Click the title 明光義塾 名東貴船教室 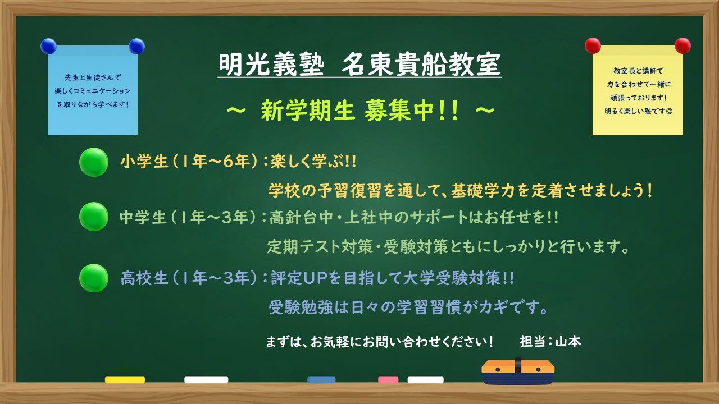(x=359, y=65)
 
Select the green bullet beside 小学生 (x=93, y=162)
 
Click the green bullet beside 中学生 (x=93, y=217)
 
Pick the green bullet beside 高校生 (x=93, y=278)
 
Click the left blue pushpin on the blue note (x=49, y=46)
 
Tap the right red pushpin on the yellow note (x=682, y=45)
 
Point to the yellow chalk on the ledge (x=125, y=380)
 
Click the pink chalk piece (x=388, y=380)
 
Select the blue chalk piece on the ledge (x=321, y=380)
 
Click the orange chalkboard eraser (x=518, y=371)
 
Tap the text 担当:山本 (x=550, y=341)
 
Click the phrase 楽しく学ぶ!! (x=313, y=162)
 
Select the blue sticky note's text (x=93, y=90)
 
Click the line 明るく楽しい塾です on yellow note (x=638, y=111)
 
